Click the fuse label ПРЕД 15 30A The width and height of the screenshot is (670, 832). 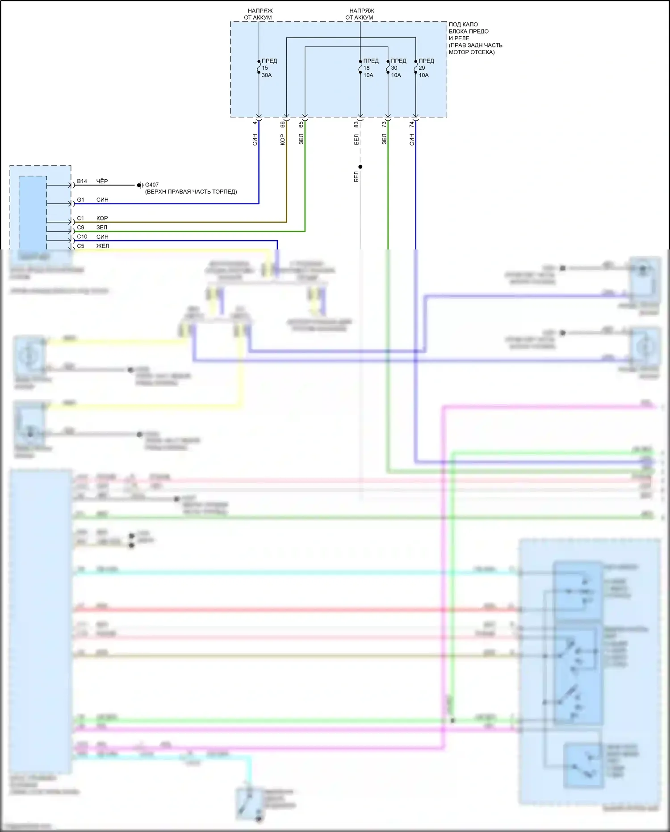click(268, 68)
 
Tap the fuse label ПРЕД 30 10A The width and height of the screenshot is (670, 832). click(398, 68)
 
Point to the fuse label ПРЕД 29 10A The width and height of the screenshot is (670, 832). click(426, 68)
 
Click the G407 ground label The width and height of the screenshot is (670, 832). click(151, 185)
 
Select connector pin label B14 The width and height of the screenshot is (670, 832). click(82, 181)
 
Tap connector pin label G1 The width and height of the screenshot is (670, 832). click(80, 200)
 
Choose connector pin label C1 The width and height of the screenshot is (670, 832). click(80, 218)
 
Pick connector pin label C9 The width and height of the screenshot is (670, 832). click(80, 228)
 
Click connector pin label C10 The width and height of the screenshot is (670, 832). click(82, 237)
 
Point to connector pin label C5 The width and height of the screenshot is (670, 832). click(80, 246)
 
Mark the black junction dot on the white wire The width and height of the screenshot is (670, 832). click(360, 167)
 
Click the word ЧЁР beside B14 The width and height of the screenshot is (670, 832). click(102, 181)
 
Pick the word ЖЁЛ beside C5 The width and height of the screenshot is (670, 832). click(102, 246)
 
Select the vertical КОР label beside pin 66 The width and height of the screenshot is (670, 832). click(282, 139)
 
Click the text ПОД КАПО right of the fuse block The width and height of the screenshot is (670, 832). click(463, 25)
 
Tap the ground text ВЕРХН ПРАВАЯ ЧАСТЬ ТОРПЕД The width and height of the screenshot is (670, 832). click(191, 192)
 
